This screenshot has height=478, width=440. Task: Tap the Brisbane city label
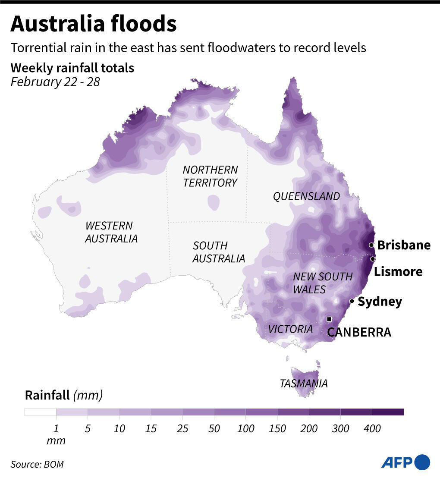point(404,245)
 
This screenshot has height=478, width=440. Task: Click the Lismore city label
point(398,271)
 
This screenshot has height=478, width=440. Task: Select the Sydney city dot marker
point(352,301)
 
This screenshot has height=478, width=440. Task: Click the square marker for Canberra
point(329,319)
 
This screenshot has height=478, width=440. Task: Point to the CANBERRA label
point(359,332)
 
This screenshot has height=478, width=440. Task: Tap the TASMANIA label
point(304,383)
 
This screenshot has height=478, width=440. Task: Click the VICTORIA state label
point(290,329)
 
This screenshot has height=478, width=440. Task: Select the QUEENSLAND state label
point(306,196)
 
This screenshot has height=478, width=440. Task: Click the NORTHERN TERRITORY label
point(210,176)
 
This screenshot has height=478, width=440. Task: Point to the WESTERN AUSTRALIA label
point(111,232)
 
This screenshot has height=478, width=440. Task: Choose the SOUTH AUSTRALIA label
point(218,252)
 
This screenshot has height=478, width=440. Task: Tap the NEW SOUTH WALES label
point(322,283)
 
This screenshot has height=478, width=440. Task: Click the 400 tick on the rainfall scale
point(372,428)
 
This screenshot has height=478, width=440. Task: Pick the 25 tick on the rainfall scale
point(182,428)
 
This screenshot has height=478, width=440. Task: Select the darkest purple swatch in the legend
point(388,412)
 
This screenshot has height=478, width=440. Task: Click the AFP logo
point(405,462)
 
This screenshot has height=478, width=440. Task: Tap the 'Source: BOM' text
point(37,464)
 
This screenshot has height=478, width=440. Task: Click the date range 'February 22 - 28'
point(55,82)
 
